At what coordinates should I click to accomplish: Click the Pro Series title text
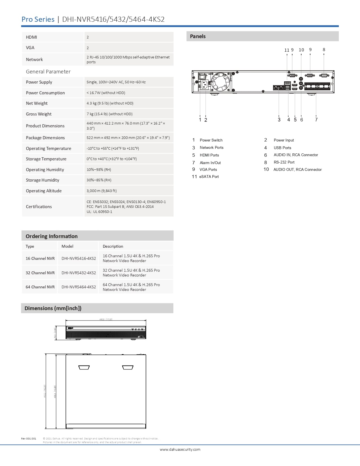click(38, 19)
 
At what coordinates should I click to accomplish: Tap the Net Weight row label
click(37, 103)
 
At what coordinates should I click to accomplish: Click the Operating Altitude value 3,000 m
click(102, 191)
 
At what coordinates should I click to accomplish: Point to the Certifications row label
click(39, 207)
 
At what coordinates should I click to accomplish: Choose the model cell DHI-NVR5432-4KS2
click(78, 273)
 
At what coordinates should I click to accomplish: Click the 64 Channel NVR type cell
click(40, 287)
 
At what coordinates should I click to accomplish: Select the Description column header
click(113, 246)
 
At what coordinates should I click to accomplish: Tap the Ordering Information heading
click(52, 236)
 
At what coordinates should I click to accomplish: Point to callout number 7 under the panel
click(316, 120)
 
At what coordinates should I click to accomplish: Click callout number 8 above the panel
click(324, 50)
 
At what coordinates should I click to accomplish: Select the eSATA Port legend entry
click(209, 177)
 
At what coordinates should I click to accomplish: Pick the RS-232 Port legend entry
click(284, 162)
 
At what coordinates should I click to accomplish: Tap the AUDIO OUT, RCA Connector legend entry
click(298, 169)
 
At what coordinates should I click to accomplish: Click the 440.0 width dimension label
click(106, 319)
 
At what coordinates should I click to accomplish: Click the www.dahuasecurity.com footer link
click(180, 449)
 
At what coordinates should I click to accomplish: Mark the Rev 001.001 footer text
click(29, 439)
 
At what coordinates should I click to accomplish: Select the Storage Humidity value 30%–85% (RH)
click(99, 180)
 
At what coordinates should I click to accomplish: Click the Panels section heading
click(198, 36)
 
